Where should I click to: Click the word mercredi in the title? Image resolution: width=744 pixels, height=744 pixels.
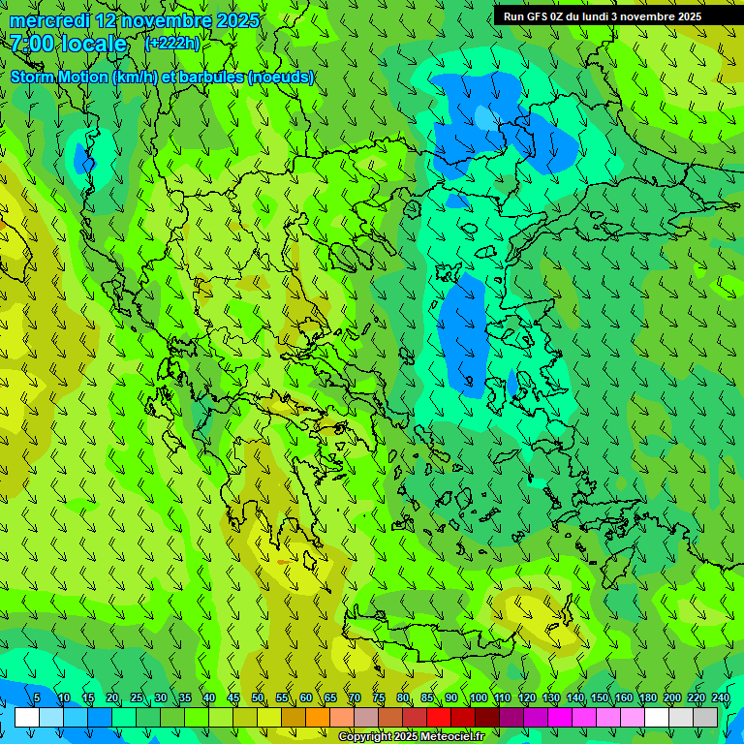[x=49, y=20]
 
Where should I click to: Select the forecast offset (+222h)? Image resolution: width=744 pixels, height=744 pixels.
[x=172, y=44]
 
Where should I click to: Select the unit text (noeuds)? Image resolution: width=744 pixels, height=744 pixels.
[x=281, y=77]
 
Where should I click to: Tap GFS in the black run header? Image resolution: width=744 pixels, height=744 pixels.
[x=538, y=16]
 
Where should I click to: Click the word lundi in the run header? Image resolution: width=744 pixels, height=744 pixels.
[x=593, y=16]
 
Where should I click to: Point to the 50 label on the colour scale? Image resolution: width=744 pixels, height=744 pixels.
[x=258, y=698]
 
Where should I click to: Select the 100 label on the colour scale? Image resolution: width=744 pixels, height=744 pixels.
[x=479, y=698]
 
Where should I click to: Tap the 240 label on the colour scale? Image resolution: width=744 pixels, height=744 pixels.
[x=721, y=698]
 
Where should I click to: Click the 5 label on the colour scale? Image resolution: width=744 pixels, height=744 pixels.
[x=37, y=698]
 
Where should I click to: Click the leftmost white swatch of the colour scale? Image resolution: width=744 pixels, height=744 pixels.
[x=27, y=717]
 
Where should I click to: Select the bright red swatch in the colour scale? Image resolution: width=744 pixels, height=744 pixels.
[x=439, y=717]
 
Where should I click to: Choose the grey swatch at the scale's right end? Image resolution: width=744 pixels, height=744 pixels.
[x=705, y=717]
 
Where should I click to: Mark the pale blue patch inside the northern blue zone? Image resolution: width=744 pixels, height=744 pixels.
[x=482, y=117]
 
